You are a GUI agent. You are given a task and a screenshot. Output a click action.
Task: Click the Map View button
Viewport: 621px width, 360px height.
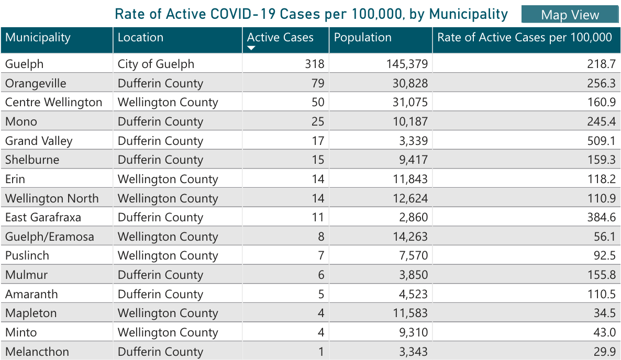pyautogui.click(x=570, y=15)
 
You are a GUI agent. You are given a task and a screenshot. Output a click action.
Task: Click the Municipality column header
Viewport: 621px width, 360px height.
pyautogui.click(x=38, y=38)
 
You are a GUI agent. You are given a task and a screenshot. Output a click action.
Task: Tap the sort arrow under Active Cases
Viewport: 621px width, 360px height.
pyautogui.click(x=251, y=48)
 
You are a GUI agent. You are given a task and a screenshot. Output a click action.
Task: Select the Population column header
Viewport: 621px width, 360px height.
pyautogui.click(x=362, y=38)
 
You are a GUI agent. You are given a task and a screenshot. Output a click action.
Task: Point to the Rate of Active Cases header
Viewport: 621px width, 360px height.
pyautogui.click(x=525, y=38)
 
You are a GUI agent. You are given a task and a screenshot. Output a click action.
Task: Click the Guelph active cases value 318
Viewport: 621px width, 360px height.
pyautogui.click(x=315, y=64)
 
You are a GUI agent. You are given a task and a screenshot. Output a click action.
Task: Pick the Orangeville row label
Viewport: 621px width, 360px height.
pyautogui.click(x=36, y=84)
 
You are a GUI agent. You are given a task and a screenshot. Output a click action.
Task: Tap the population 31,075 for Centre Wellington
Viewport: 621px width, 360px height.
pyautogui.click(x=410, y=103)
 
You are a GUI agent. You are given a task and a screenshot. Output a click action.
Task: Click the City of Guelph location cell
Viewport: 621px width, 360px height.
pyautogui.click(x=156, y=64)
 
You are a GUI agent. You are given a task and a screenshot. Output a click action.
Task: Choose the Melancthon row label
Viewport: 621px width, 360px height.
pyautogui.click(x=37, y=352)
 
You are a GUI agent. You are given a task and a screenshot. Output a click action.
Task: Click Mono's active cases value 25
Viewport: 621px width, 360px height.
pyautogui.click(x=318, y=122)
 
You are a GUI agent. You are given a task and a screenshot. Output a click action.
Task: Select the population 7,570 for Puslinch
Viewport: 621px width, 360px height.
pyautogui.click(x=413, y=256)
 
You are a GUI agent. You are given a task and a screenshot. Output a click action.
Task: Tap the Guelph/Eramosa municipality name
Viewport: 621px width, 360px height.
pyautogui.click(x=50, y=237)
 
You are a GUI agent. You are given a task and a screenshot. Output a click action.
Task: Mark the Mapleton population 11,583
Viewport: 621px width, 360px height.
pyautogui.click(x=410, y=313)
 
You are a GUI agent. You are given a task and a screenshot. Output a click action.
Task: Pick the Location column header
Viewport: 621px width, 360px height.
pyautogui.click(x=140, y=38)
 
